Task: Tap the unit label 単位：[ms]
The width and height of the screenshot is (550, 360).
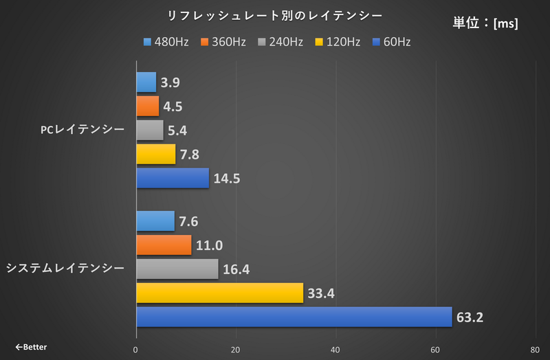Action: [485, 23]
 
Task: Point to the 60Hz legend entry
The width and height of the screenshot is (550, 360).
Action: [390, 43]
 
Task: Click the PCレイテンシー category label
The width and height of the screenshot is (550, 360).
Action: [82, 131]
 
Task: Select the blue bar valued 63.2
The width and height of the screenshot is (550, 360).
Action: [294, 317]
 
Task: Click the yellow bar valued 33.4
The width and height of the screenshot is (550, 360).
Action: [219, 293]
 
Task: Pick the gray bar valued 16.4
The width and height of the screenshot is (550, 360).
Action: [177, 269]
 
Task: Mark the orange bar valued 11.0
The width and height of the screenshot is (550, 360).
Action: [164, 245]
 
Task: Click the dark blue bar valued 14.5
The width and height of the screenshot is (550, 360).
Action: [173, 178]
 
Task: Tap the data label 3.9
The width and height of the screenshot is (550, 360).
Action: [170, 83]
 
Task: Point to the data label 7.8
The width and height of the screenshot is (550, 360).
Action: [190, 155]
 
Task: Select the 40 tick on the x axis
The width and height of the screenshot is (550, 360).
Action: [335, 350]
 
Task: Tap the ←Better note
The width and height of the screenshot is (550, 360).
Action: [31, 347]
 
